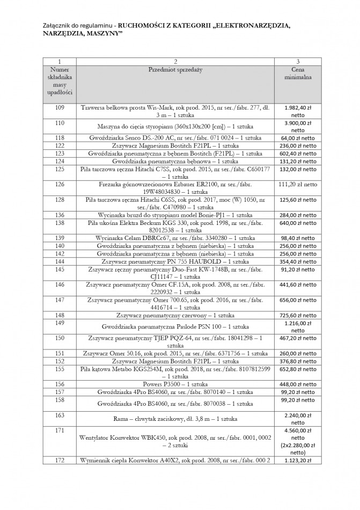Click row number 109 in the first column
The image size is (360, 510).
[60, 108]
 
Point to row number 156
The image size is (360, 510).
[60, 384]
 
